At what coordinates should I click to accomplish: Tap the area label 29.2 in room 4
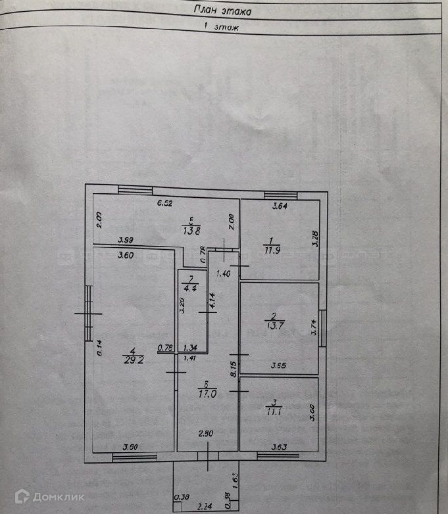click(130, 360)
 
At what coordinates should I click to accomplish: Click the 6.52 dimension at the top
click(165, 204)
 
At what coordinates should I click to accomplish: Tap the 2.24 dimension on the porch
click(207, 507)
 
